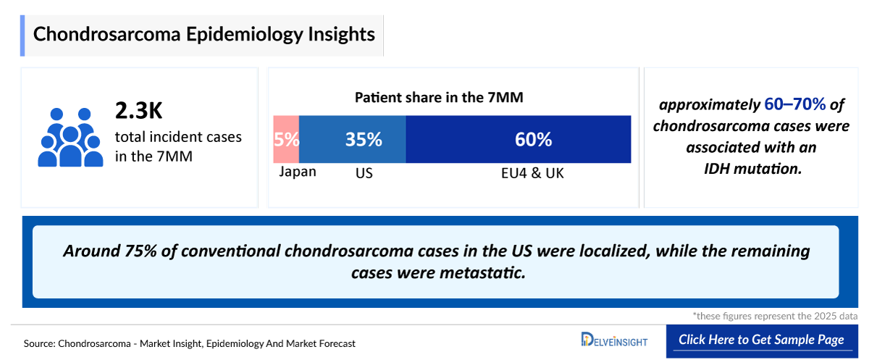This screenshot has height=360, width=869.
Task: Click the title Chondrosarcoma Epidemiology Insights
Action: coord(204,34)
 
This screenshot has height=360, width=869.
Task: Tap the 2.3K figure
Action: coord(139,111)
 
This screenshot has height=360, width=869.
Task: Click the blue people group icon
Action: coord(70,137)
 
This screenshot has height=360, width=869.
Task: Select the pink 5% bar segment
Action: coord(286,139)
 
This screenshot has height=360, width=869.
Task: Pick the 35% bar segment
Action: coord(353,139)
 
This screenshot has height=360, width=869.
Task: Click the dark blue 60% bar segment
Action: coord(519,139)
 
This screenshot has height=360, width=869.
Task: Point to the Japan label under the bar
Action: coord(298,172)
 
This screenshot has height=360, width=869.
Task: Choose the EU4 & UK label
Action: coord(533,174)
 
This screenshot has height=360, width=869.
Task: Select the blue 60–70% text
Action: coord(794,105)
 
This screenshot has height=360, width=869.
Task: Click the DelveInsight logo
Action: coord(614,340)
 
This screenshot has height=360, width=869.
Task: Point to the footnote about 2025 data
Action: coord(775,316)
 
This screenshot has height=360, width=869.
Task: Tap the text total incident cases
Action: coord(178,136)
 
